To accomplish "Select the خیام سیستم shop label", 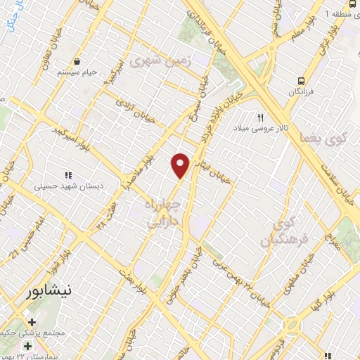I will coord(74,72).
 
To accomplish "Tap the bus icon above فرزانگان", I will coord(301,81).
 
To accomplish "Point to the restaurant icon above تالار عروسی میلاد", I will coord(261,117).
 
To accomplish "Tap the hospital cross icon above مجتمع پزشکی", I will coord(28,347).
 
